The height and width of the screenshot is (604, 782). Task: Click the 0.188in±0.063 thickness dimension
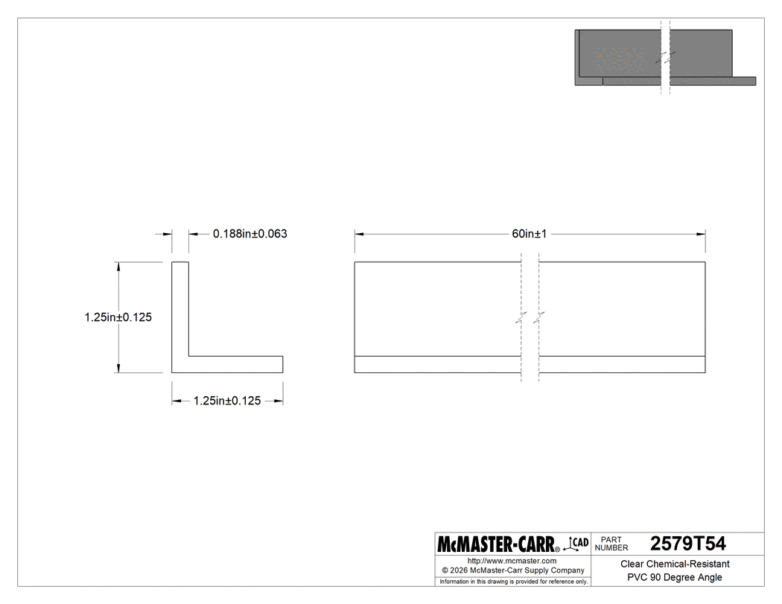tap(249, 234)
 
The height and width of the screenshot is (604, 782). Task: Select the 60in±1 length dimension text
tap(530, 234)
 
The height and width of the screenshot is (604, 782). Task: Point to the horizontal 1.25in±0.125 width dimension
tap(226, 401)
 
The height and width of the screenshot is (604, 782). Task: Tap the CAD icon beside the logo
tap(578, 544)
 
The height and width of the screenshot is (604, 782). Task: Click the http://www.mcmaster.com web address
tap(512, 560)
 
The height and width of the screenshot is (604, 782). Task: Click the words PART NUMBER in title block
tap(611, 544)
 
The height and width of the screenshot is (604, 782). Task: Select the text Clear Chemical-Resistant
tap(675, 565)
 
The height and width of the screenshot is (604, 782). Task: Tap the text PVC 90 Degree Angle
tap(675, 577)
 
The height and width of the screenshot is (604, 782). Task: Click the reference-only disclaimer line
tap(513, 581)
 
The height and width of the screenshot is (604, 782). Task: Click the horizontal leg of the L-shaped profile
tap(235, 364)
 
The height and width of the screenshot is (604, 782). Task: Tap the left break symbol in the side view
tap(521, 317)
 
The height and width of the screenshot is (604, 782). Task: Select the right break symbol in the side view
tap(539, 317)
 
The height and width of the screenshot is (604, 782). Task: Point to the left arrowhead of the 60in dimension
tap(358, 234)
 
